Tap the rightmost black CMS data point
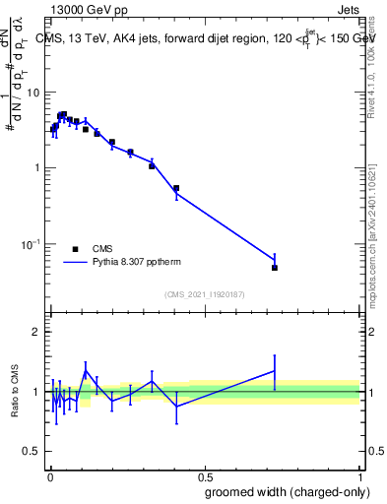point(275,268)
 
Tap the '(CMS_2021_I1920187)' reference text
point(205,294)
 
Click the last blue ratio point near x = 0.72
point(275,370)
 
